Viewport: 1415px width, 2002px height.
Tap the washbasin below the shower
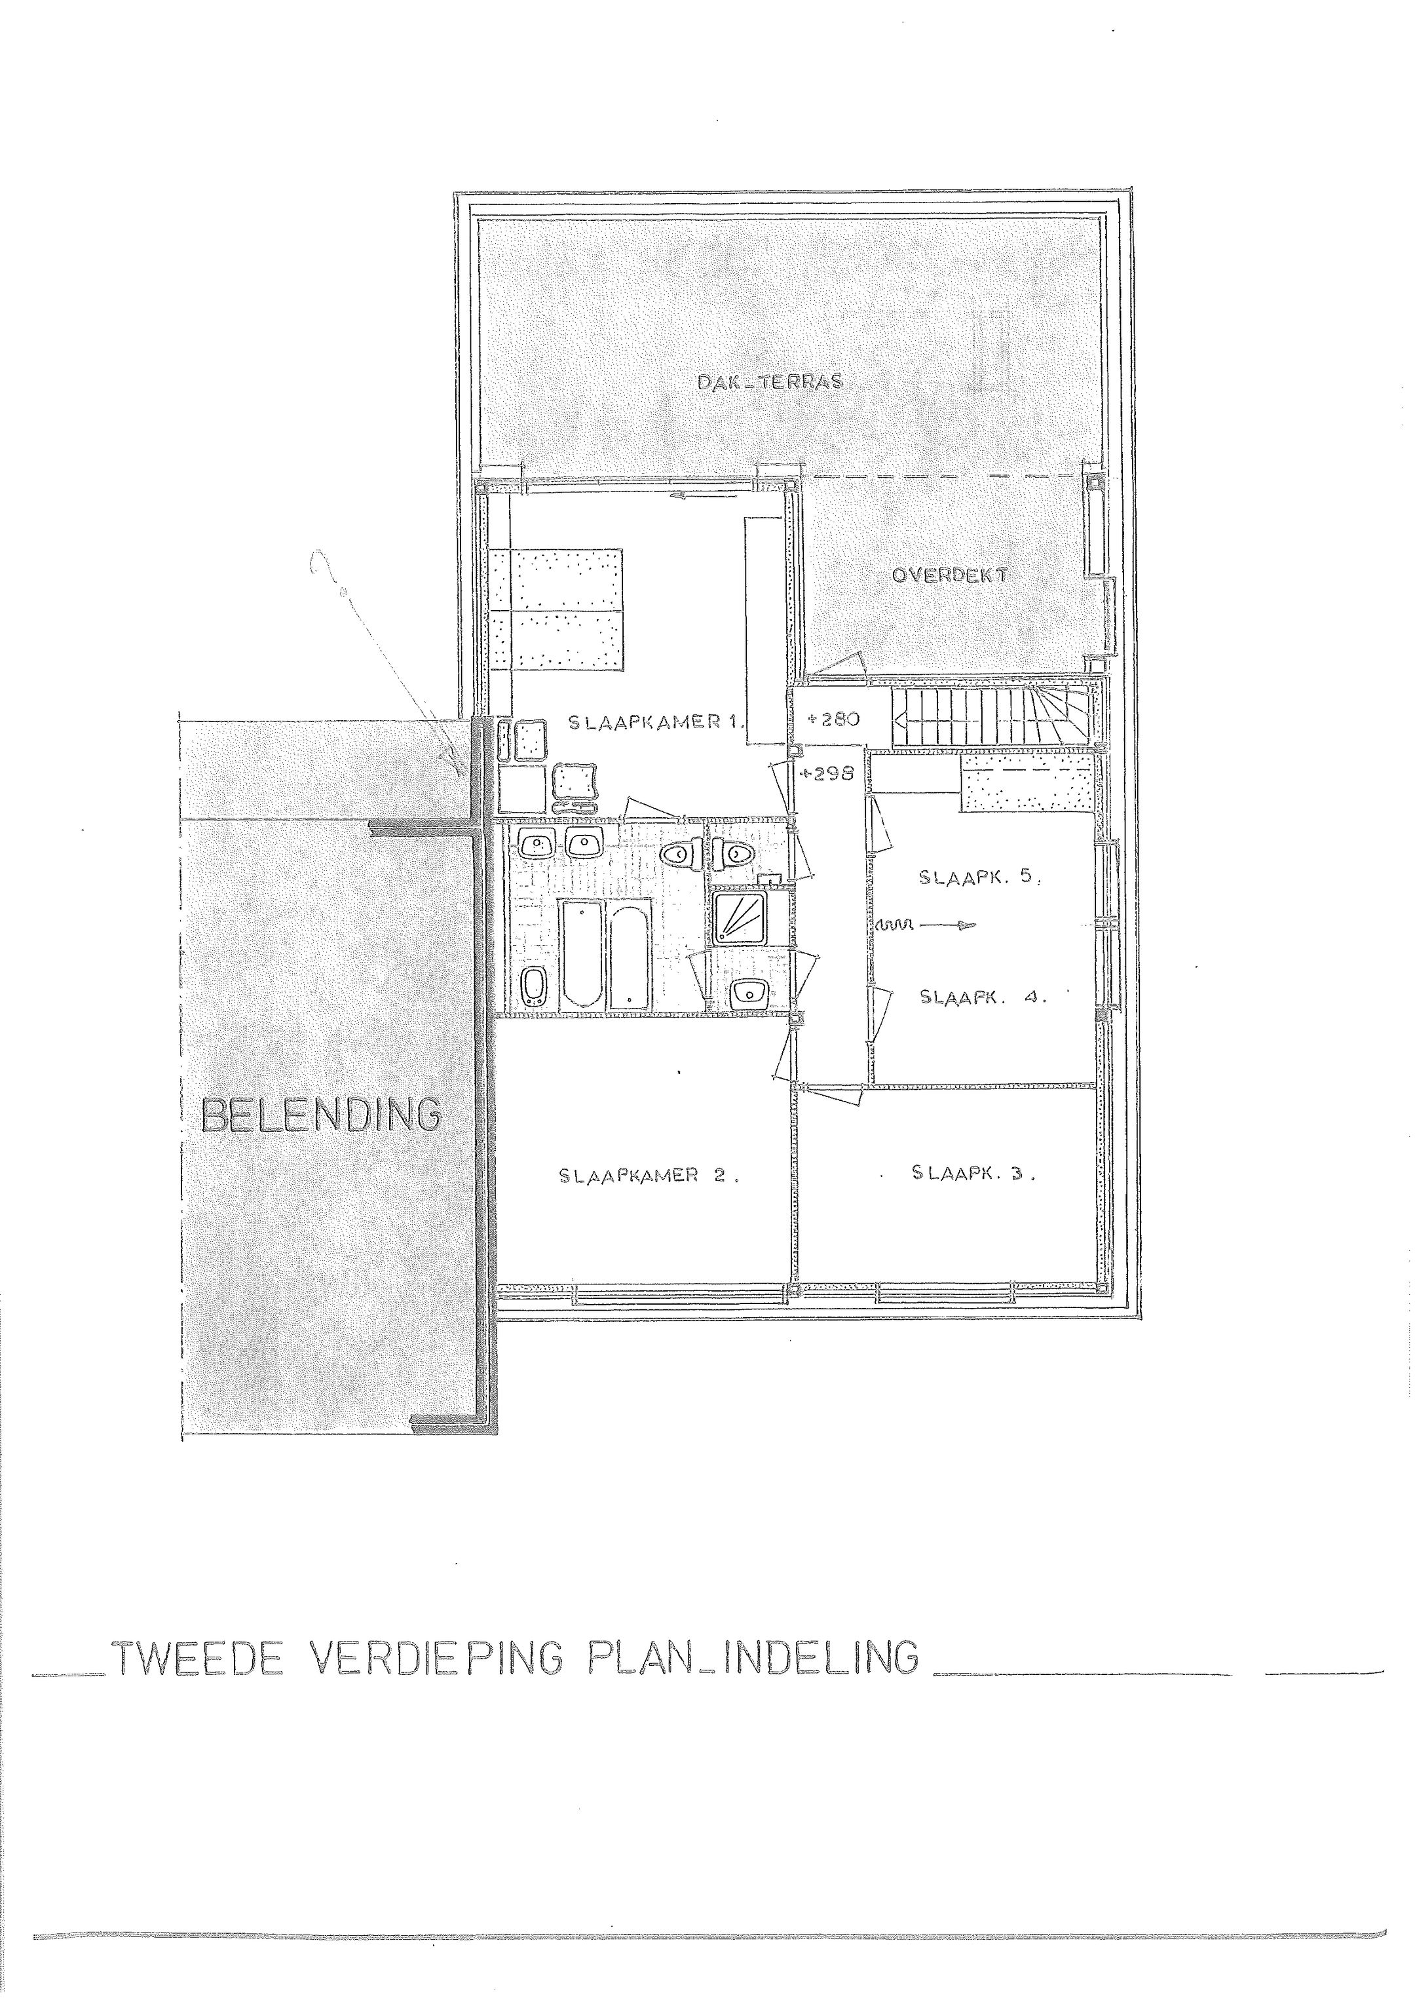[747, 991]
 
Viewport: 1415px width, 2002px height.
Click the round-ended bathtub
[630, 957]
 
